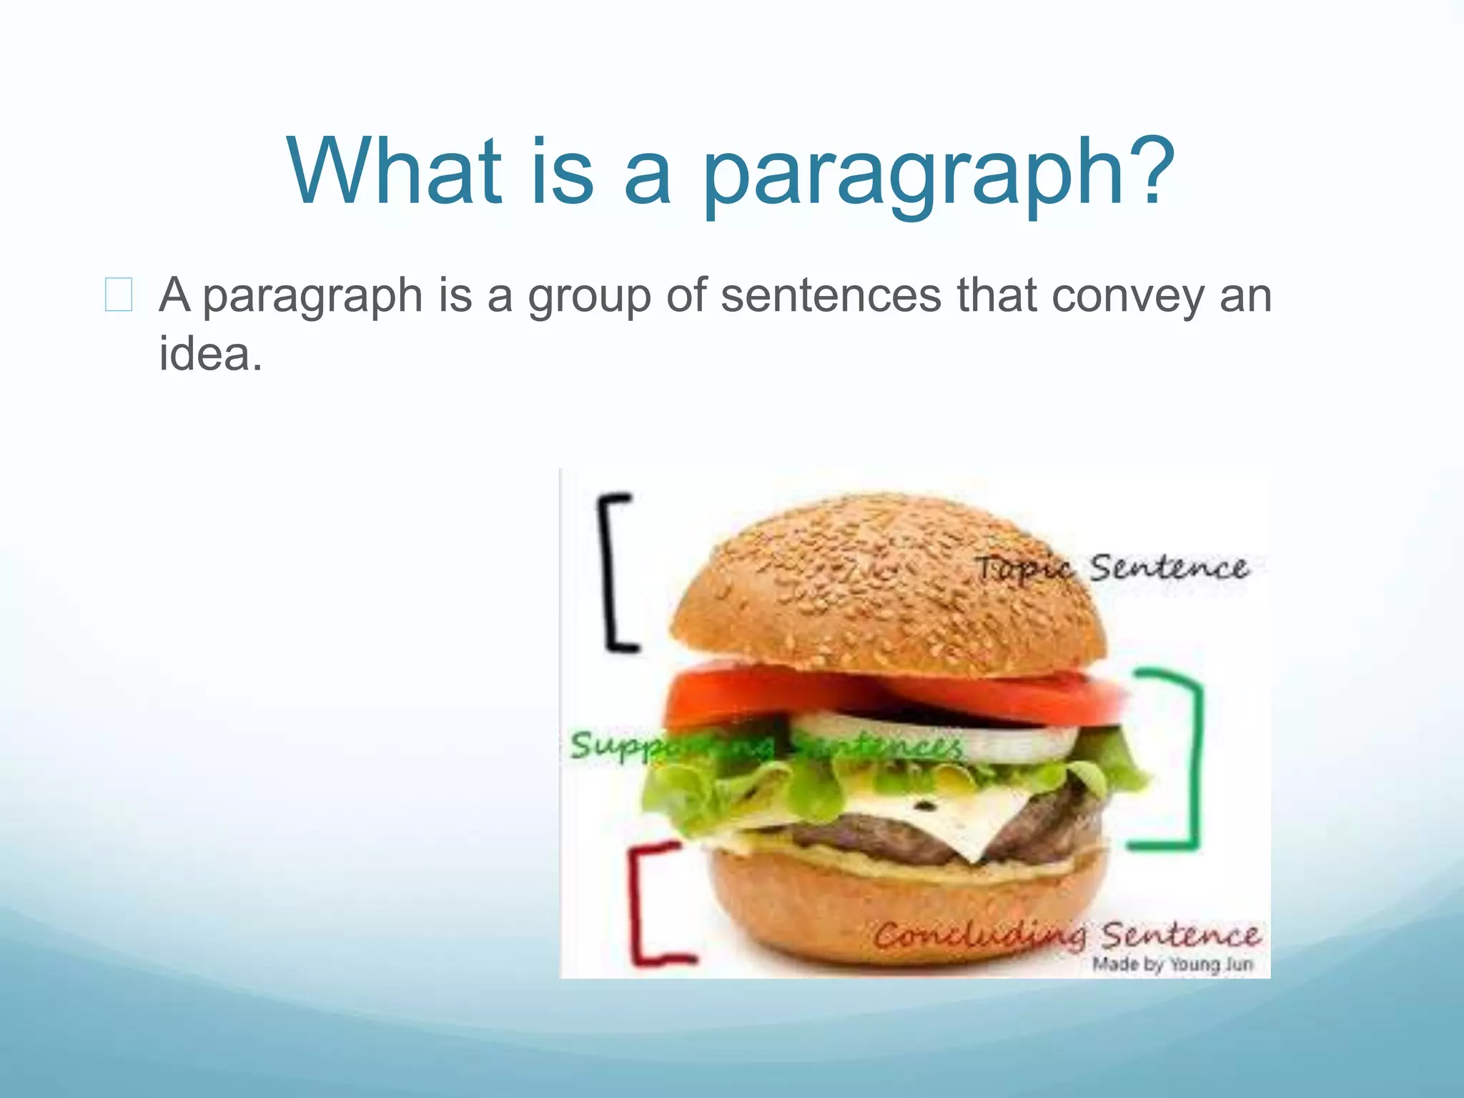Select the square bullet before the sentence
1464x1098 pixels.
(x=119, y=295)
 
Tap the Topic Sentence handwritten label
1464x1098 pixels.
(x=1112, y=569)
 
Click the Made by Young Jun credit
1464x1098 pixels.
(x=1172, y=965)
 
